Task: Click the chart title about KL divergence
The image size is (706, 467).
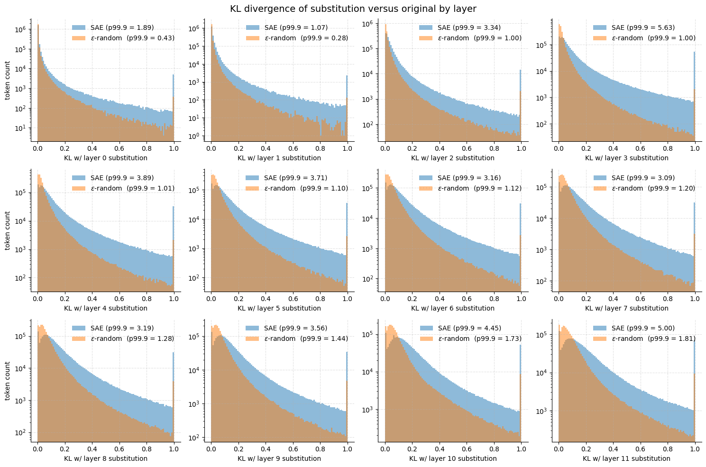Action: pyautogui.click(x=353, y=9)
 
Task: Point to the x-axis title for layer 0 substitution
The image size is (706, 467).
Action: pyautogui.click(x=106, y=158)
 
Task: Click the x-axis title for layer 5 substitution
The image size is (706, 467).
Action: pyautogui.click(x=279, y=308)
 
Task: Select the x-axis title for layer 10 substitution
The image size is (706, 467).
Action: pyautogui.click(x=453, y=458)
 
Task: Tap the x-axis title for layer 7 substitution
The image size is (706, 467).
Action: pyautogui.click(x=626, y=308)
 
